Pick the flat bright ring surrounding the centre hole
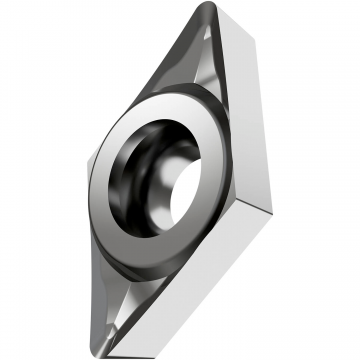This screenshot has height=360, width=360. (120, 215)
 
